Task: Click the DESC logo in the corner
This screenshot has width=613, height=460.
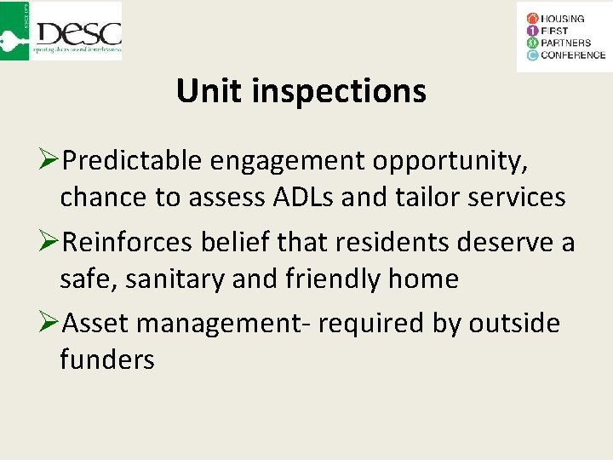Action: coord(62,31)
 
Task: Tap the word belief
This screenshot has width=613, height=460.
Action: coord(238,242)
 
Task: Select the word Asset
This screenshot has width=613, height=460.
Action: coord(95,324)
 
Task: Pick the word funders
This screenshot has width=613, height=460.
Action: coord(107,359)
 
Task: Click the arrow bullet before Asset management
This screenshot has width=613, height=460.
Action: coord(49,324)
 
